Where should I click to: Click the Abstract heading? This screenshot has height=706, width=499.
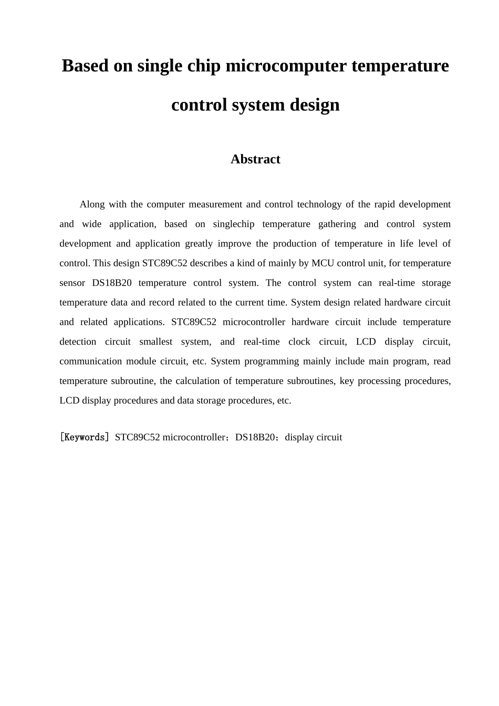pyautogui.click(x=255, y=159)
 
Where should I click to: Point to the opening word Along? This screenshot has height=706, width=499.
pyautogui.click(x=92, y=204)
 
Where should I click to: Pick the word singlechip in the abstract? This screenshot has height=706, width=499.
pyautogui.click(x=234, y=224)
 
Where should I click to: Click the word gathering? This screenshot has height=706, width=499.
pyautogui.click(x=337, y=224)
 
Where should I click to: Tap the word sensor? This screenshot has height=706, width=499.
pyautogui.click(x=72, y=283)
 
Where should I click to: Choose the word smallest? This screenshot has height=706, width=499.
pyautogui.click(x=156, y=341)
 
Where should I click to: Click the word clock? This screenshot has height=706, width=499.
pyautogui.click(x=299, y=341)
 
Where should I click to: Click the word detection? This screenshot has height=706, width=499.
pyautogui.click(x=78, y=341)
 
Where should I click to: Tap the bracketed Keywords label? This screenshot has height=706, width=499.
pyautogui.click(x=84, y=437)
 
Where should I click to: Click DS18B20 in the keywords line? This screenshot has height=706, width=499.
pyautogui.click(x=255, y=437)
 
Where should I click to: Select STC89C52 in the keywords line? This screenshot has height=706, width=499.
pyautogui.click(x=137, y=437)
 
